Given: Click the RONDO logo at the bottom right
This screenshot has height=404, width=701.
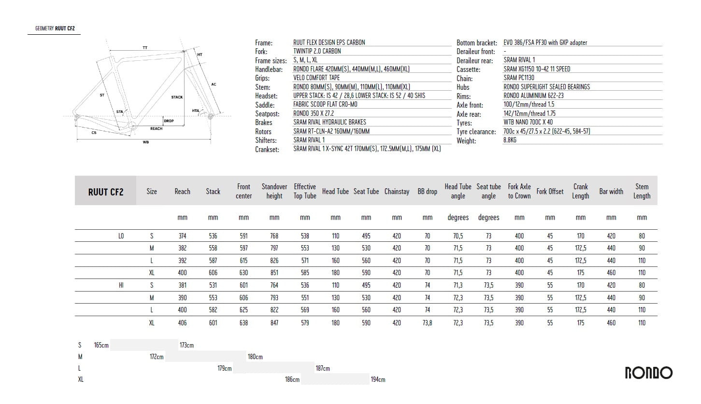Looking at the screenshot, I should click(x=649, y=373).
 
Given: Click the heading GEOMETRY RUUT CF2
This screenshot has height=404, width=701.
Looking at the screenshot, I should click(x=55, y=28).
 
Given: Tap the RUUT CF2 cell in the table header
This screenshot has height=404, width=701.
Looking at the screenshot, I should click(x=106, y=192).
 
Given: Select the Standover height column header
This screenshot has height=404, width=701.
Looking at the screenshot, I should click(x=274, y=191).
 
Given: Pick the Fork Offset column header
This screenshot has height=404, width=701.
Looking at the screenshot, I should click(x=550, y=192).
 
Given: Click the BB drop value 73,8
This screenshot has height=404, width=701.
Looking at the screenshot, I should click(x=428, y=322).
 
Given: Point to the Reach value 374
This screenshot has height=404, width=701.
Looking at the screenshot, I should click(x=182, y=236).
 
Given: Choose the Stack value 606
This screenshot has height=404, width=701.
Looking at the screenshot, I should click(x=213, y=273).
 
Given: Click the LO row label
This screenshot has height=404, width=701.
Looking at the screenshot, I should click(x=121, y=236).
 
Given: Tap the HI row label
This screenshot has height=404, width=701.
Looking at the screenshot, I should click(x=121, y=285).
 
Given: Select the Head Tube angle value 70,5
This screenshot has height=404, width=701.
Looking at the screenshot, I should click(x=458, y=236).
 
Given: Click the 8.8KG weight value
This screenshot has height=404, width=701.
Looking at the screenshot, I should click(x=510, y=140).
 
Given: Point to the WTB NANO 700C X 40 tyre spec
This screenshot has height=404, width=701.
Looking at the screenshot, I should click(x=528, y=122).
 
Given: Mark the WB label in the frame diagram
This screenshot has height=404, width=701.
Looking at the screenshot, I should click(x=145, y=142).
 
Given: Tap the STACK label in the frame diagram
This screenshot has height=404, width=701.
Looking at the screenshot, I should click(x=177, y=97).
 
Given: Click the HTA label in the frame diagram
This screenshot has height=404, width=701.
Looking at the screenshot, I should click(x=195, y=111).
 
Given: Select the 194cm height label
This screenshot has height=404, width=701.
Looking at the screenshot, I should click(x=378, y=379).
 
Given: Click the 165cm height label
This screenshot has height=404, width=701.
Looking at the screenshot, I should click(x=101, y=345).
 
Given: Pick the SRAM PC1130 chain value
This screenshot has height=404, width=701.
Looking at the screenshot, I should click(x=519, y=78).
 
